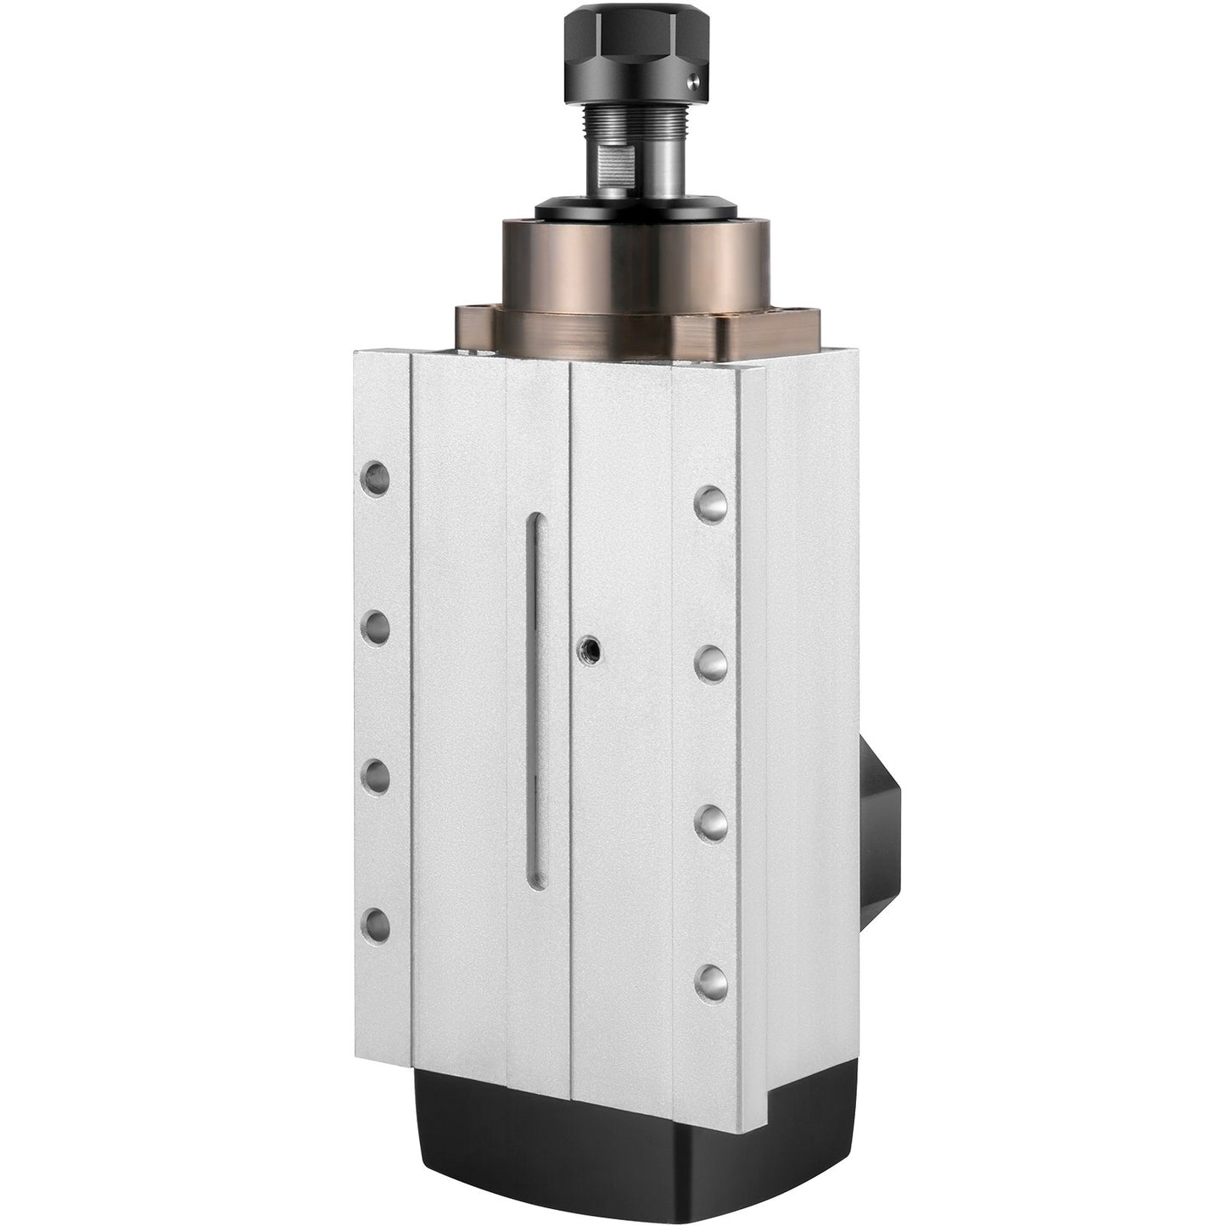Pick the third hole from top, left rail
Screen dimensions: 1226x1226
click(373, 775)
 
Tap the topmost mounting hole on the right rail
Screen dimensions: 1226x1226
click(711, 503)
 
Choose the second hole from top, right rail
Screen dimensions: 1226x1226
click(711, 663)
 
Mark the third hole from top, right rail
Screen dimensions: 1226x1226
click(711, 821)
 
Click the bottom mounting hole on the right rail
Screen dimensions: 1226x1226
click(711, 981)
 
